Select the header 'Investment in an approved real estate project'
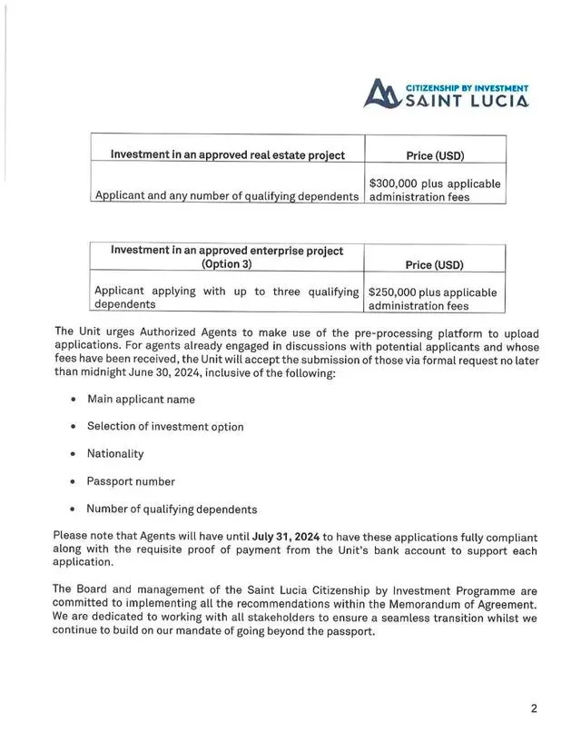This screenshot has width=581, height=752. point(227,155)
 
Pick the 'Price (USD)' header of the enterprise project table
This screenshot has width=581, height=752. point(434,265)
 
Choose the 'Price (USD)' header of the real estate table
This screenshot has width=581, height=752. point(434,156)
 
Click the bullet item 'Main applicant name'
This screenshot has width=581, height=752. point(141,399)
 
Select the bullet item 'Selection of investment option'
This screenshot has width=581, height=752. point(165,426)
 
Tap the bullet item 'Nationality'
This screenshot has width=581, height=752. point(115,453)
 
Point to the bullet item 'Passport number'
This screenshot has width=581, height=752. point(131,481)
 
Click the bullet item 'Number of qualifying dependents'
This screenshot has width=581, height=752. point(172,509)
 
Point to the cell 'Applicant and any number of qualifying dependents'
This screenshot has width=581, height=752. point(227,196)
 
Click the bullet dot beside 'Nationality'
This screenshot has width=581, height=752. point(73,453)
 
